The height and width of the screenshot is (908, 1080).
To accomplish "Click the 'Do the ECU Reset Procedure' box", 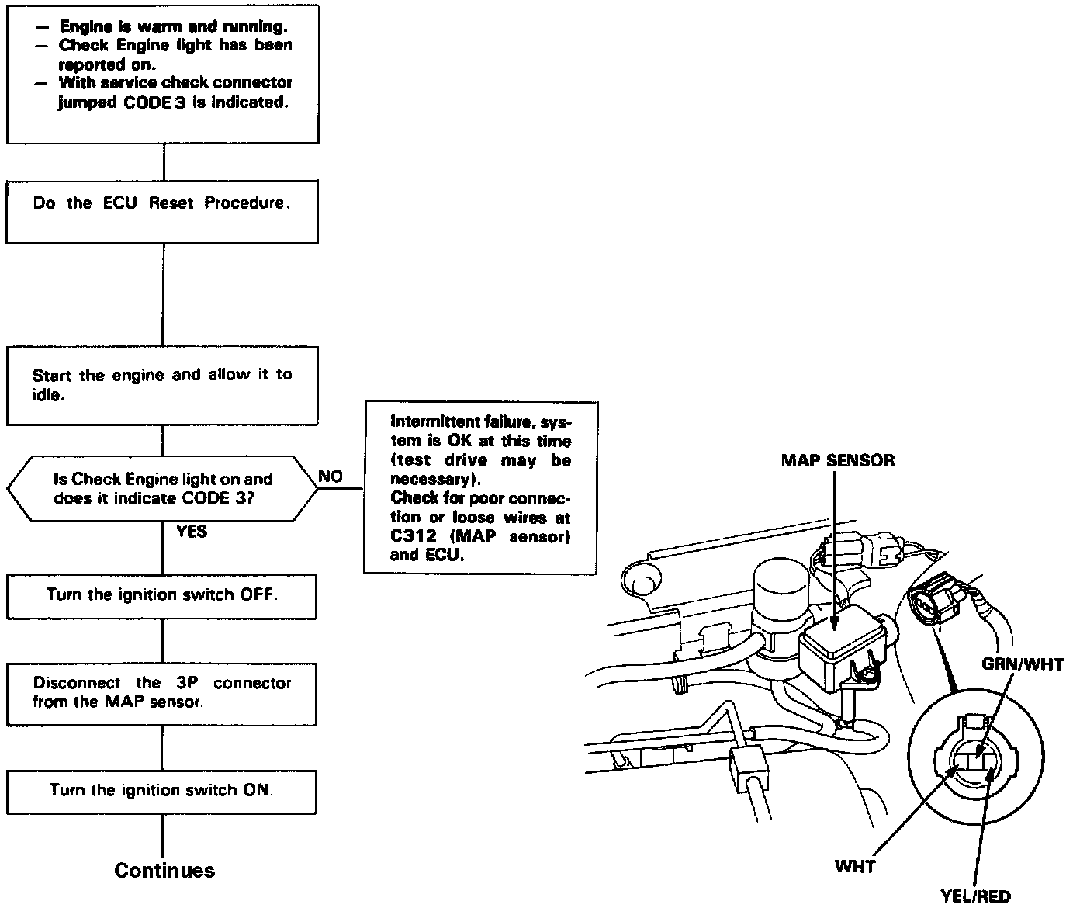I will tap(162, 211).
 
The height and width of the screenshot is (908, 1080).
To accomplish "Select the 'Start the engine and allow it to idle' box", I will tap(162, 385).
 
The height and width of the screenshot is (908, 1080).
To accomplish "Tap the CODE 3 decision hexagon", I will tap(162, 489).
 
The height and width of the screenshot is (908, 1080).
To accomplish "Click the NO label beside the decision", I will tap(331, 477).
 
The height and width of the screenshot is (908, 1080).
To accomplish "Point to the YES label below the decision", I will tap(192, 532).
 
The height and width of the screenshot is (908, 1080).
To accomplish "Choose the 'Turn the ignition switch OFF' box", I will tap(162, 596).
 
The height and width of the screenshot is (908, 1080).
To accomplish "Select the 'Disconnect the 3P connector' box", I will tap(162, 693).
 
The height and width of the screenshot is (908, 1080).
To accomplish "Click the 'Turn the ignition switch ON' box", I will tap(162, 791).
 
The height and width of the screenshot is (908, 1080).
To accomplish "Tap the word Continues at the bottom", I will tap(164, 870).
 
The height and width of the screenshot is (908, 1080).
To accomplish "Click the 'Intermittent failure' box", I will tap(480, 487).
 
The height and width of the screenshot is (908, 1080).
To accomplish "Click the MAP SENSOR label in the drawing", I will tap(837, 460).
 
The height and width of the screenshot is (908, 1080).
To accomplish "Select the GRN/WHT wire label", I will tap(1022, 664).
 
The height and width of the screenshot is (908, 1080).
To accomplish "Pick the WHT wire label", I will tap(854, 866).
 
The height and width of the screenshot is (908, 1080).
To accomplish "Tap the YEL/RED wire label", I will tap(975, 896).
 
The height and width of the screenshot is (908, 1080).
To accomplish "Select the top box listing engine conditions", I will tap(162, 74).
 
